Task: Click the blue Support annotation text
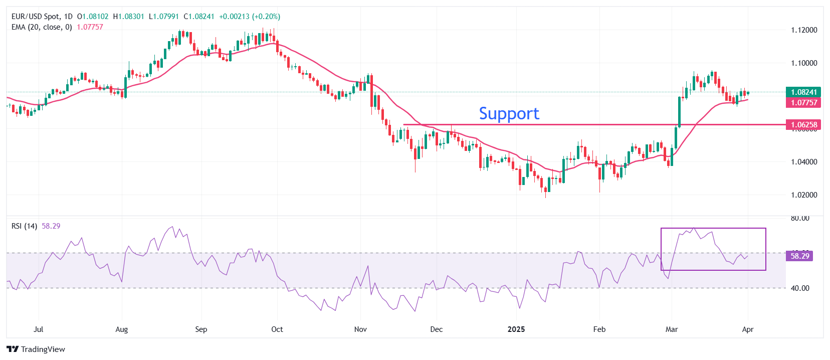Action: point(509,114)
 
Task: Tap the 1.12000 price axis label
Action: point(803,30)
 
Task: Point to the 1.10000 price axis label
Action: point(803,63)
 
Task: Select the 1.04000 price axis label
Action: point(803,162)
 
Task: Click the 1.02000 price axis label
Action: point(803,195)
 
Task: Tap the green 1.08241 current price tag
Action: point(803,92)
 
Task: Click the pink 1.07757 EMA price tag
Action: point(803,103)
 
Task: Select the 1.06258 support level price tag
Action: point(803,125)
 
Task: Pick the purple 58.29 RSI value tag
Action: point(799,256)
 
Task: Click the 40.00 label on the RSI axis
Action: point(800,288)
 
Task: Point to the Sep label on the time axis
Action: point(201,329)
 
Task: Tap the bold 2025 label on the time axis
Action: point(516,329)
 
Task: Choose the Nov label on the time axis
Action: point(360,329)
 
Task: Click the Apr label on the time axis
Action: point(747,329)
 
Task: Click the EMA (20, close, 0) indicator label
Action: point(42,27)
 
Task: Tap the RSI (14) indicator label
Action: point(24,226)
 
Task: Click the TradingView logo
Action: point(36,349)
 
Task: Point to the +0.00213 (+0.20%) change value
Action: point(250,17)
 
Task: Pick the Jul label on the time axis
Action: point(38,329)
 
